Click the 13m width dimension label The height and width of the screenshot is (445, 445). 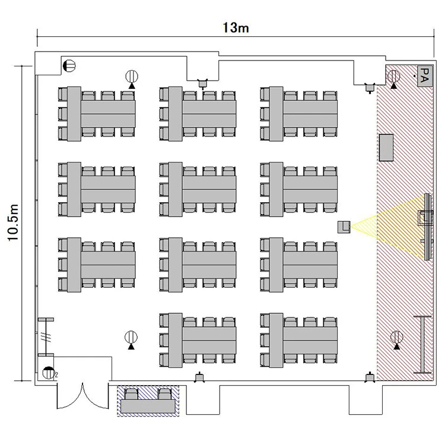click(x=236, y=28)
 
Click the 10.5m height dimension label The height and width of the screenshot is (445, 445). click(x=13, y=223)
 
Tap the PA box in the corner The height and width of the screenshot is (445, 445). click(x=425, y=75)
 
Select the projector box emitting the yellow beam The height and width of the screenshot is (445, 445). click(x=344, y=227)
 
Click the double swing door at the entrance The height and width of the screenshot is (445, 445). click(x=82, y=396)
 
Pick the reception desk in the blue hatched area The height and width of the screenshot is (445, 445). click(x=148, y=406)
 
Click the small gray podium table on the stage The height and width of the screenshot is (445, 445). click(x=386, y=148)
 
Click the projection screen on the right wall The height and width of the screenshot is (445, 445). click(x=427, y=227)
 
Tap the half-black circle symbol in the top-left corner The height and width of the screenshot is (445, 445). click(x=69, y=66)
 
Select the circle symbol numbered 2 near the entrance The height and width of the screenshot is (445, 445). click(x=49, y=373)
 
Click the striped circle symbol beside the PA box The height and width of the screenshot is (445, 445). click(x=393, y=76)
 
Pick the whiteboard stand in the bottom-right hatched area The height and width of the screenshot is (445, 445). click(x=422, y=345)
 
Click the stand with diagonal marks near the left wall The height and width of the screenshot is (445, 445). click(x=46, y=337)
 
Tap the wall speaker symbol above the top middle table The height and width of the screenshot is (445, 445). click(x=202, y=84)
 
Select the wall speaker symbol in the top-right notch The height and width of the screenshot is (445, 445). click(x=370, y=88)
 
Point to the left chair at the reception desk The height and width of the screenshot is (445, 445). click(x=132, y=394)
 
